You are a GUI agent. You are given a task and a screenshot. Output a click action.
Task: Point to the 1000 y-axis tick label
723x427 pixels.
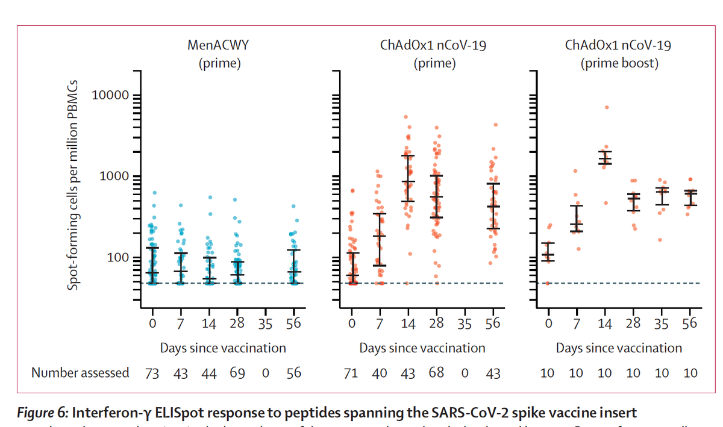114,176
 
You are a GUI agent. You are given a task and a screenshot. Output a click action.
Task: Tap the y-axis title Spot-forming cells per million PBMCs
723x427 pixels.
74,185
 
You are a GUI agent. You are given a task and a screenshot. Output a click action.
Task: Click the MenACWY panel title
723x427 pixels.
219,45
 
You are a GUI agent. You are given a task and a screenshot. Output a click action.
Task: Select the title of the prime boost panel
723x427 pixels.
618,53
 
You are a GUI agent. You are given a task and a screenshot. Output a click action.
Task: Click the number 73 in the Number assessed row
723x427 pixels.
152,373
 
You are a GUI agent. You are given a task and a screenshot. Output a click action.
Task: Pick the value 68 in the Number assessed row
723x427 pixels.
437,373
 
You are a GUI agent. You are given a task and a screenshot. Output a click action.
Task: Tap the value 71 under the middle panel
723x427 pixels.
351,373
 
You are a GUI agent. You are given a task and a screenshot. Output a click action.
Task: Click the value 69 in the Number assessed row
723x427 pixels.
237,373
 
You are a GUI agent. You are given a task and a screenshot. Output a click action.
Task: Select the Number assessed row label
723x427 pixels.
80,373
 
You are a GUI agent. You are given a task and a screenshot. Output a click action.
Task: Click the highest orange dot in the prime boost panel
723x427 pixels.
607,107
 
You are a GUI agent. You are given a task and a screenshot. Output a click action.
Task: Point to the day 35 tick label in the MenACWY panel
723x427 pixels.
266,324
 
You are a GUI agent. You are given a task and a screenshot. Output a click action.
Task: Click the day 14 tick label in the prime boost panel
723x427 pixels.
605,324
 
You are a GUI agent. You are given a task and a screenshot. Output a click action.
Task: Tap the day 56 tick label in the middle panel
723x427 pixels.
493,323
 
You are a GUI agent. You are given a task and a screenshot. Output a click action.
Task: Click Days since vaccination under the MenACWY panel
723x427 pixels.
223,348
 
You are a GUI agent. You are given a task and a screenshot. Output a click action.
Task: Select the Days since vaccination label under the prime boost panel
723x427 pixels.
619,348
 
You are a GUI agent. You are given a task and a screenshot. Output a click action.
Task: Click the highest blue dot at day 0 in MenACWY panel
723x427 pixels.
155,193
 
